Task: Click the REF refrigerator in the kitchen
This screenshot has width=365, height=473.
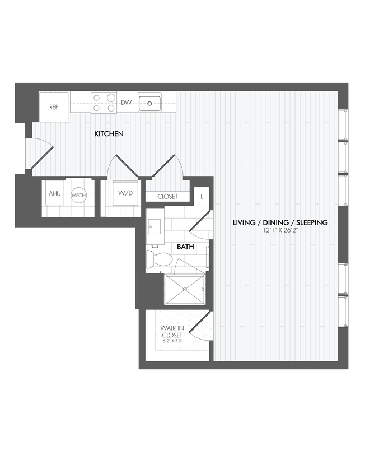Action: point(54,106)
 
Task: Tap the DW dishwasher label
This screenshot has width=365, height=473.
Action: point(127,103)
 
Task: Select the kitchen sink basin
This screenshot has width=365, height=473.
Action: point(149,103)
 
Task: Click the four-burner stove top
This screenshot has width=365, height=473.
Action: point(104,103)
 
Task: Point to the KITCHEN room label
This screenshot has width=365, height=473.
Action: point(109,134)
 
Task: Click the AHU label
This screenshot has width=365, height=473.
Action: point(54,194)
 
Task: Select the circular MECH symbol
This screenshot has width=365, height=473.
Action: point(77,196)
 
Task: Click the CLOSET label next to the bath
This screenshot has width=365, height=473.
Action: point(167,197)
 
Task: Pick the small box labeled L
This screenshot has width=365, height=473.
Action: point(202,196)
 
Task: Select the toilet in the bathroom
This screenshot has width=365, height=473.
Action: point(158,259)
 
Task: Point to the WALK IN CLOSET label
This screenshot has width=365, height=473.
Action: point(171,331)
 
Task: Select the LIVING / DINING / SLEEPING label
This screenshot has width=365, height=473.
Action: point(280,222)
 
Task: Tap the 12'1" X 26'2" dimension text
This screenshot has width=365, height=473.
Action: point(280,231)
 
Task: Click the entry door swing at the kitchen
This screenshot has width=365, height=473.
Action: point(41,154)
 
